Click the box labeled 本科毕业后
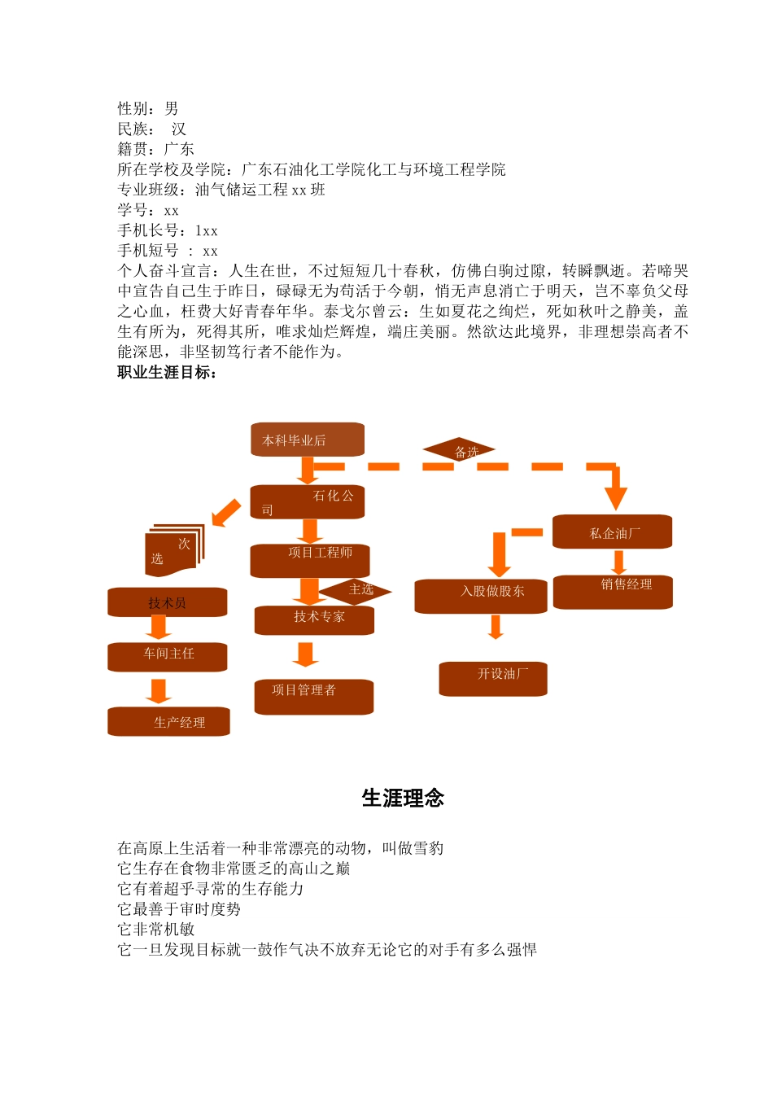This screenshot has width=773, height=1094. pyautogui.click(x=307, y=440)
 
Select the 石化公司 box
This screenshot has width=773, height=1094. pyautogui.click(x=307, y=502)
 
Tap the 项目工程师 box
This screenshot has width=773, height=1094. pyautogui.click(x=310, y=560)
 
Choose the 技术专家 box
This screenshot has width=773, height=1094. pyautogui.click(x=314, y=619)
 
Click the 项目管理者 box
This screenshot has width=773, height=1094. pyautogui.click(x=314, y=697)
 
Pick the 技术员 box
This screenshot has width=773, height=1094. pyautogui.click(x=167, y=602)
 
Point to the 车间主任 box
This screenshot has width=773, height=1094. pyautogui.click(x=168, y=657)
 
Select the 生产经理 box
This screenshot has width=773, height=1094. pyautogui.click(x=168, y=721)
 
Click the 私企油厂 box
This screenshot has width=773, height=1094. pyautogui.click(x=613, y=532)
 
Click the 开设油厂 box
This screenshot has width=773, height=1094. pyautogui.click(x=493, y=679)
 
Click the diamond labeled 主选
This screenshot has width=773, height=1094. pyautogui.click(x=356, y=590)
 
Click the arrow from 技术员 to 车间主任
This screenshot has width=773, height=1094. pyautogui.click(x=159, y=628)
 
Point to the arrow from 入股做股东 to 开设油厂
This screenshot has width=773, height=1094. pyautogui.click(x=496, y=627)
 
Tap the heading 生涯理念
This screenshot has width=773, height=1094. pyautogui.click(x=403, y=798)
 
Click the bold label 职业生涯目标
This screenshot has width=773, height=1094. pyautogui.click(x=167, y=373)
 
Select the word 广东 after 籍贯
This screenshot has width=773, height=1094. pyautogui.click(x=179, y=149)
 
